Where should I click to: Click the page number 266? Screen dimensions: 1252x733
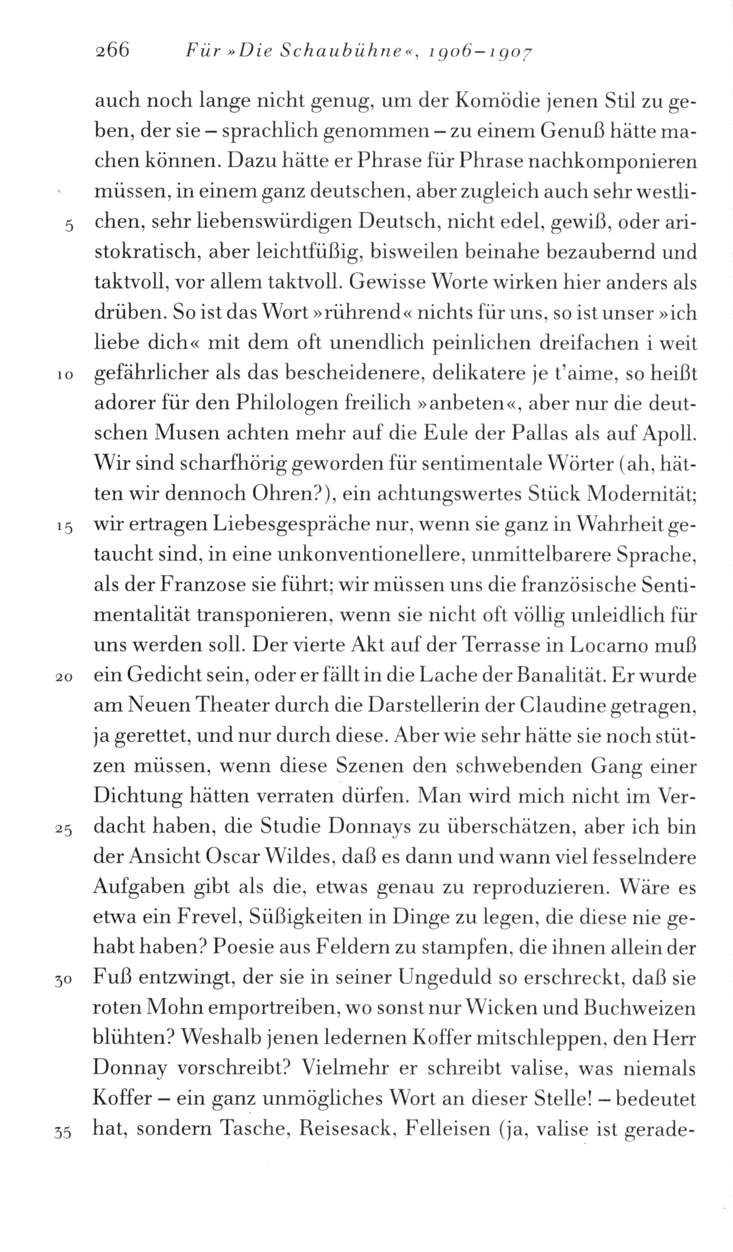pyautogui.click(x=113, y=52)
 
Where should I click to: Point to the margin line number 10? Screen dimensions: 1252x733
pyautogui.click(x=63, y=376)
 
